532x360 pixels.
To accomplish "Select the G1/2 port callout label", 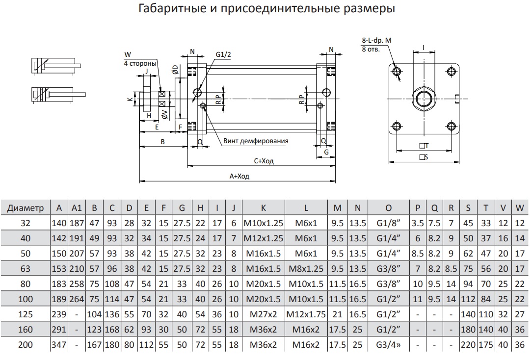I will pyautogui.click(x=222, y=54).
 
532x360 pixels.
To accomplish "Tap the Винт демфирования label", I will pyautogui.click(x=256, y=141).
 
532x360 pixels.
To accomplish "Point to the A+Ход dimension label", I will pyautogui.click(x=239, y=177).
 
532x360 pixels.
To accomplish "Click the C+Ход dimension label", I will pyautogui.click(x=264, y=161).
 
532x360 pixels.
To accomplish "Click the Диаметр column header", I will pyautogui.click(x=26, y=208).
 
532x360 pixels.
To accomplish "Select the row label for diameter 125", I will pyautogui.click(x=26, y=314).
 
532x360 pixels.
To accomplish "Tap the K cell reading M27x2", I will pyautogui.click(x=263, y=314).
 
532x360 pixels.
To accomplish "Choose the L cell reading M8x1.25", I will pyautogui.click(x=306, y=269).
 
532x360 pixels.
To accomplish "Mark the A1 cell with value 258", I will pyautogui.click(x=77, y=284).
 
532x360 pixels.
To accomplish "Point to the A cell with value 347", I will pyautogui.click(x=59, y=345).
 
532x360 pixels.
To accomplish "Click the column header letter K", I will pyautogui.click(x=263, y=208).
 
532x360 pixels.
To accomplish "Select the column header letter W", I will pyautogui.click(x=520, y=208).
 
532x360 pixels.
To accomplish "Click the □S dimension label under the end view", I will pyautogui.click(x=424, y=157).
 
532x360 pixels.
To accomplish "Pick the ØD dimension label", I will pyautogui.click(x=175, y=70).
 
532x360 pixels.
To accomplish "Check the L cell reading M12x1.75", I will pyautogui.click(x=306, y=314).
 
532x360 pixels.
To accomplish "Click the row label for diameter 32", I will pyautogui.click(x=26, y=223).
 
